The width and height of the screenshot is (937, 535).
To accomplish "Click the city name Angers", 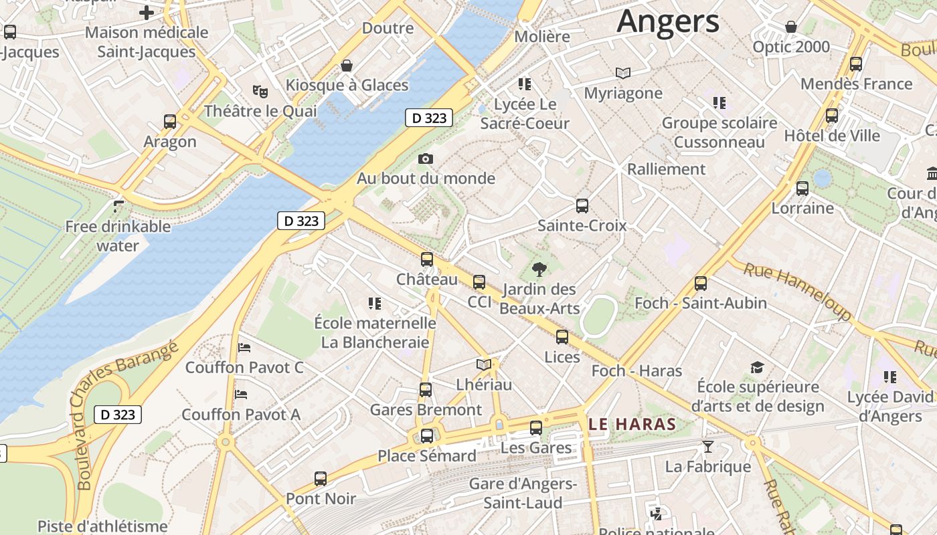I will pos(668,21).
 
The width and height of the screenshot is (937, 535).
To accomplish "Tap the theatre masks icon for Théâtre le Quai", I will pos(260,91).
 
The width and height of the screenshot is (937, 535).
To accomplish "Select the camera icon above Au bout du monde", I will pos(426,158).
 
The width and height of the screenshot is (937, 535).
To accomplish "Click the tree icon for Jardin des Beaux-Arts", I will pos(539,270).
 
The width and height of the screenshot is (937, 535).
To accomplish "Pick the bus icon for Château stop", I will pos(427,259).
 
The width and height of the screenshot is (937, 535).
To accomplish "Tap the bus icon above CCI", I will pos(479,282).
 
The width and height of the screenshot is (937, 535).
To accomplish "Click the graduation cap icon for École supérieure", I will pos(757,367).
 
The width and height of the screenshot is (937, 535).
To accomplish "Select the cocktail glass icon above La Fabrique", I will pos(708,446).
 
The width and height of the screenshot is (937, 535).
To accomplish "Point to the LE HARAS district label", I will pos(632,424).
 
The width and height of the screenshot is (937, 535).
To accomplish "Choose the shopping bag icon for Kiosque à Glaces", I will pos(347,66).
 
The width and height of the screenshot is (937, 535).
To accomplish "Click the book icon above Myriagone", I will pos(623,73).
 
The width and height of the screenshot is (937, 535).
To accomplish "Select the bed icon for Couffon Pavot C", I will pos(244,348).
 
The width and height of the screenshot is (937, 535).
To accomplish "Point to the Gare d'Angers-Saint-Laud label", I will pos(523,493).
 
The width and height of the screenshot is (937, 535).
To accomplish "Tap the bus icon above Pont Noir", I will pos(321,479).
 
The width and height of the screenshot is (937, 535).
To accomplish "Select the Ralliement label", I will pos(666,169).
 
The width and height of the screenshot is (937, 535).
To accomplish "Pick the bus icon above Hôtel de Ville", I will pos(832,116).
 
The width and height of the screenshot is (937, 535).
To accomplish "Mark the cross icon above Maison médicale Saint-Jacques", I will pos(147,12).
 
